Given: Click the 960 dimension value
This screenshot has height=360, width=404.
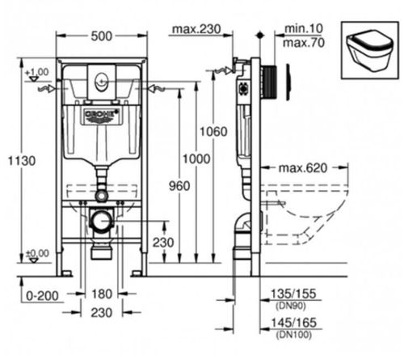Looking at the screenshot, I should click(x=179, y=186).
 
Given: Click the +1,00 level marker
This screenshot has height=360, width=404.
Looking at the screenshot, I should click(x=36, y=72).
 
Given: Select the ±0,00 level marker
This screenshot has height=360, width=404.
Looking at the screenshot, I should click(x=36, y=253).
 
